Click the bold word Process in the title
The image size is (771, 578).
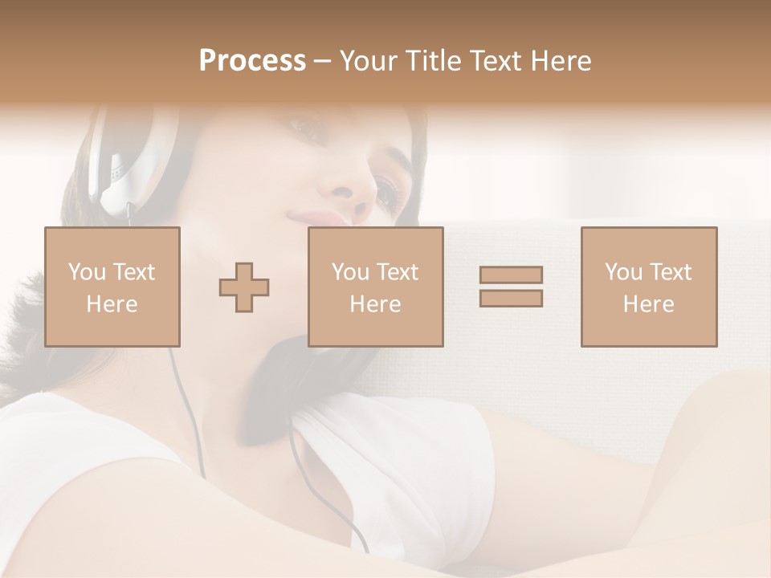click(252, 61)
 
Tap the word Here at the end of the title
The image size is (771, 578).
click(561, 61)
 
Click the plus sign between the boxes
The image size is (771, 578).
click(244, 287)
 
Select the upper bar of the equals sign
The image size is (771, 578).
click(511, 275)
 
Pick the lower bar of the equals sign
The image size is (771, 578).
click(511, 298)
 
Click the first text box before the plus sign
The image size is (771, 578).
click(112, 287)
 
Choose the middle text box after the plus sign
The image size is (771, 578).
click(376, 287)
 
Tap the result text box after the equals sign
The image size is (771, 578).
click(649, 287)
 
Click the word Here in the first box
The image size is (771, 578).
click(112, 304)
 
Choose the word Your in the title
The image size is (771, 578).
click(369, 61)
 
